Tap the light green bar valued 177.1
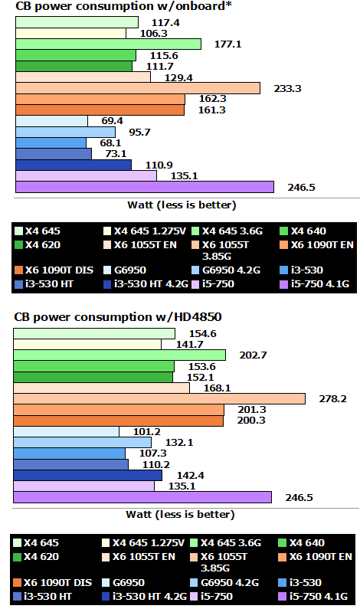point(108,44)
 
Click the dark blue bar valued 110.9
point(74,165)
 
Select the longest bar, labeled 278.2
point(160,399)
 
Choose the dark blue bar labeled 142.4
point(88,476)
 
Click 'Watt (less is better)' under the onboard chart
point(181,205)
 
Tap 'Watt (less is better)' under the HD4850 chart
point(181,515)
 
